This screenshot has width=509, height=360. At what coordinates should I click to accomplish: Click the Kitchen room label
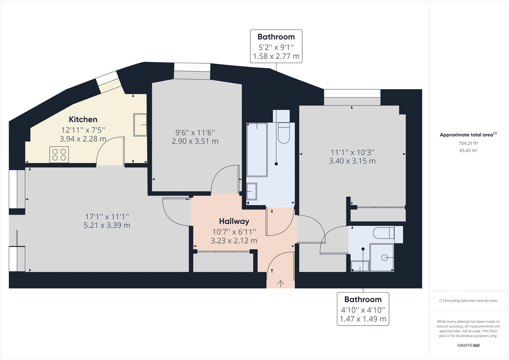83,119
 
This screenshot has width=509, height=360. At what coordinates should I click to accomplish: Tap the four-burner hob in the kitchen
59,155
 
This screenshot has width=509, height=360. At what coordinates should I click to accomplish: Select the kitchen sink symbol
140,125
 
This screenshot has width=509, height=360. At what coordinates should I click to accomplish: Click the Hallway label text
234,221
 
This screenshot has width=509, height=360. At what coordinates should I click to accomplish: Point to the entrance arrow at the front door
281,283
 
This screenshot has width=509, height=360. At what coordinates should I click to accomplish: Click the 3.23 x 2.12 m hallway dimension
234,241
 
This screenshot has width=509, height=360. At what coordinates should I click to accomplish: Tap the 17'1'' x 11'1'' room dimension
107,217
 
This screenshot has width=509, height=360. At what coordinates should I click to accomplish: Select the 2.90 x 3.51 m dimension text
195,141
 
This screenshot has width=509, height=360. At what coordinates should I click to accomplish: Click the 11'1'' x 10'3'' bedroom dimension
352,152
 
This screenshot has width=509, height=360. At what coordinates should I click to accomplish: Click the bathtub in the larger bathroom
257,150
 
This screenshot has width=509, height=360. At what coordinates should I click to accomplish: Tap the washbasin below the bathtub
252,191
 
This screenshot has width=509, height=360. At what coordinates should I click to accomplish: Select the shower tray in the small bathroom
382,258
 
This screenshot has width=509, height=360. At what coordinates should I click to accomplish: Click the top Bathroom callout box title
276,37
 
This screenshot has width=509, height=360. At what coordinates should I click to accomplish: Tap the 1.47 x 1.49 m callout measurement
363,319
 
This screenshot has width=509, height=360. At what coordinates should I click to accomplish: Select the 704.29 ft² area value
468,143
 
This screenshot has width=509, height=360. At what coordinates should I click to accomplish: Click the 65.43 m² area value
468,151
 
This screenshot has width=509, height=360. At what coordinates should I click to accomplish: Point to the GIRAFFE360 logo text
468,345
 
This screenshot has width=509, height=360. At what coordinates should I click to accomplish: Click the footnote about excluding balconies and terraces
468,300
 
